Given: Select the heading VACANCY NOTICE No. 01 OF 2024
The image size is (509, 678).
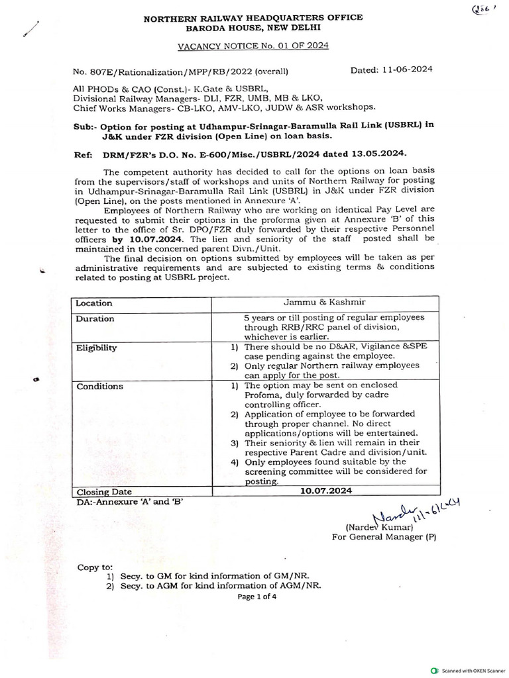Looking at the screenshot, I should click(x=253, y=46).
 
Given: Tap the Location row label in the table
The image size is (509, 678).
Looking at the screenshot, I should click(x=94, y=303).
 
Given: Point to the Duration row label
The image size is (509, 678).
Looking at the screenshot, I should click(x=95, y=318).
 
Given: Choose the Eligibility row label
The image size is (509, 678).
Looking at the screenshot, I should click(x=97, y=347).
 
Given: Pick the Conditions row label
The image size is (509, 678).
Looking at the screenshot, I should click(x=99, y=386).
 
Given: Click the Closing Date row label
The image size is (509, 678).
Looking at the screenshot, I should click(x=105, y=492).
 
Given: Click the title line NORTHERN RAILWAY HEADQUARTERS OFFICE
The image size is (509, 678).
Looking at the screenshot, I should click(x=253, y=18).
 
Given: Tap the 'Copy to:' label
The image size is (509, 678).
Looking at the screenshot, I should click(x=95, y=568).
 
